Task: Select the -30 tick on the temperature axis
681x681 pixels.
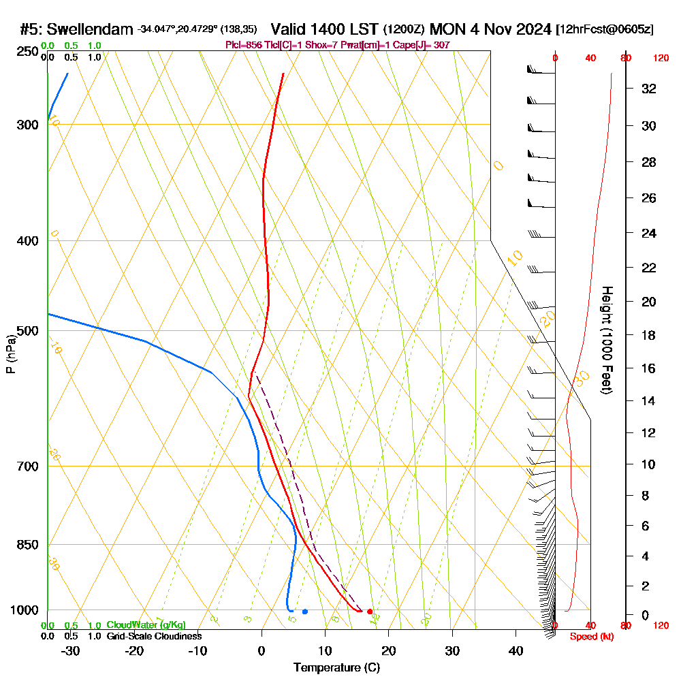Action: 71,650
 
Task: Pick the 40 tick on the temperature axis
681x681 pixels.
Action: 516,650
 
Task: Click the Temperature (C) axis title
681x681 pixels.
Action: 336,668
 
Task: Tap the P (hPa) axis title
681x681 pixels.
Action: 10,354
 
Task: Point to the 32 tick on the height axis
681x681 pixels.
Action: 649,89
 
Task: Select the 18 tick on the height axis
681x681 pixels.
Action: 649,335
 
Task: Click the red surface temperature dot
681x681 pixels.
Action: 370,612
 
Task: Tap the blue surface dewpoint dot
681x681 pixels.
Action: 304,612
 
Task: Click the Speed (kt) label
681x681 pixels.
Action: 588,637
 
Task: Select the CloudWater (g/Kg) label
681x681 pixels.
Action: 146,625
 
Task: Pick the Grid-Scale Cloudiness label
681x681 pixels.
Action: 154,636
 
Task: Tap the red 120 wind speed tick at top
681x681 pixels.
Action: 660,59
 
